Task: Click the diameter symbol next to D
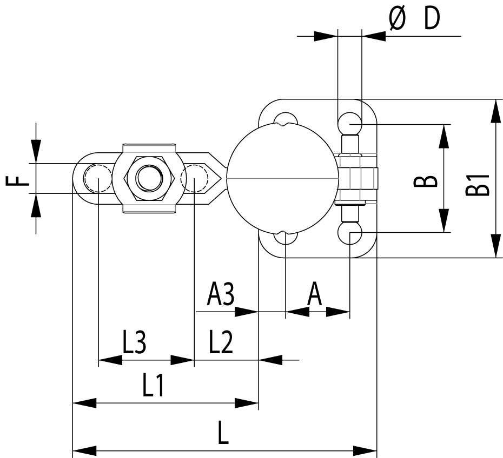pos(398,19)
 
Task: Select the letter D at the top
pos(431,19)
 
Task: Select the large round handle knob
pos(283,178)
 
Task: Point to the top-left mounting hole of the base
pos(285,120)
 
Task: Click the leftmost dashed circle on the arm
pos(98,178)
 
